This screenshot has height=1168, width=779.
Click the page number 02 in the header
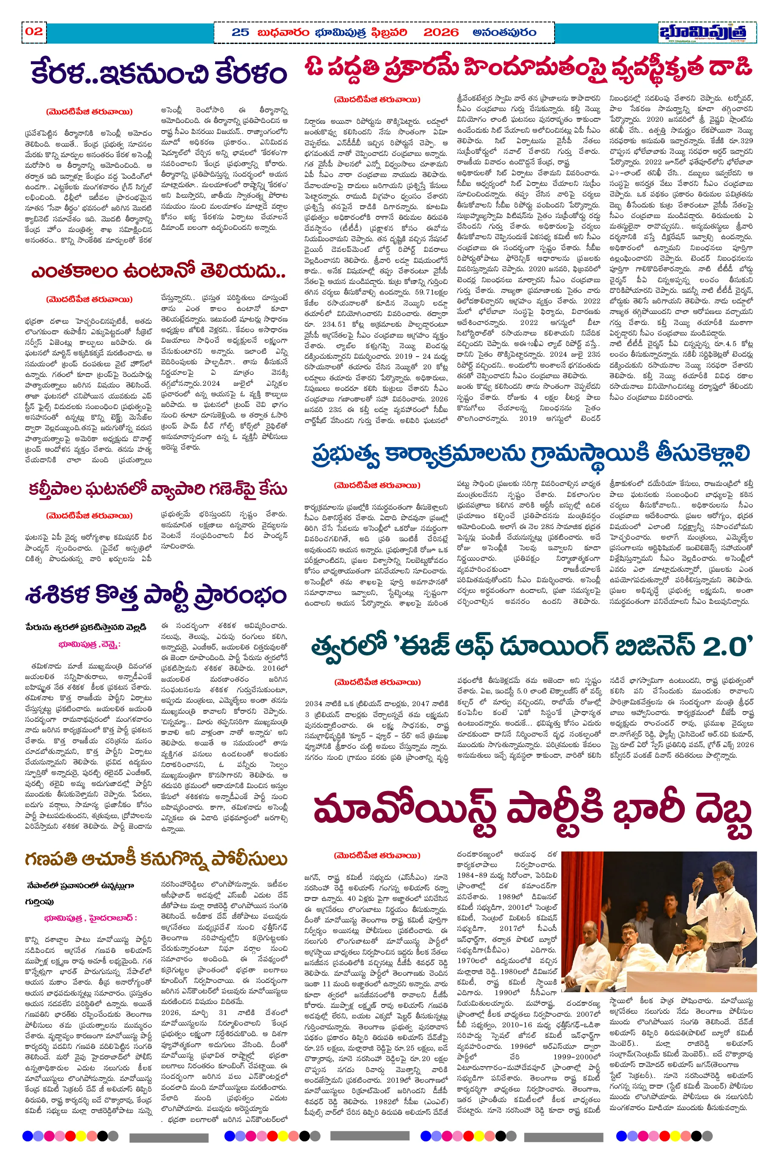tap(34, 32)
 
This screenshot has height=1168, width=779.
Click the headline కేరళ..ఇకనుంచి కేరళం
tap(159, 74)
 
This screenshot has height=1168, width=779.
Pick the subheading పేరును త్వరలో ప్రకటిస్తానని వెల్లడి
tap(85, 627)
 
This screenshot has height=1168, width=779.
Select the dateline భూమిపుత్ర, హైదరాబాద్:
tap(90, 918)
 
